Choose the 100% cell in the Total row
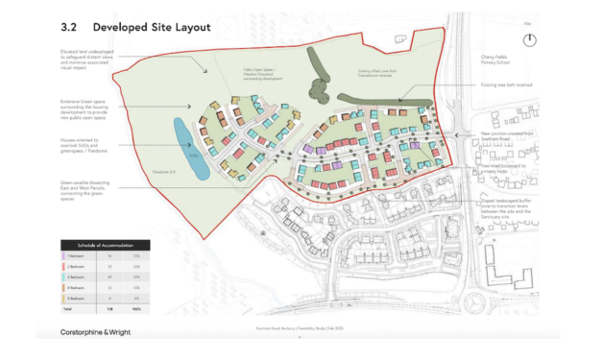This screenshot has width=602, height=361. click(136, 307)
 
